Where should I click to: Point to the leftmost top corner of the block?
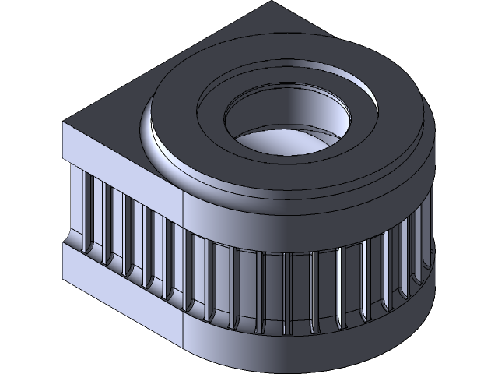point(63,123)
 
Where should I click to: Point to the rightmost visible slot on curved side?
point(427,234)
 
